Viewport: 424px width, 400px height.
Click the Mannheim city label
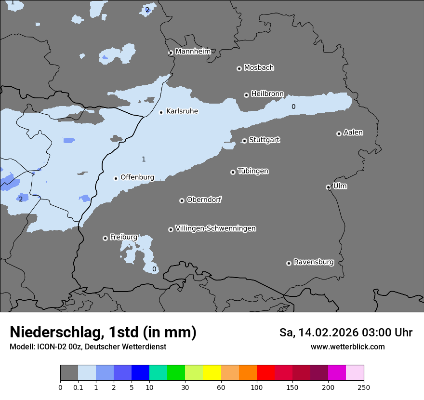point(193,51)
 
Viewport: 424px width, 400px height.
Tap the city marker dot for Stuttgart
point(244,141)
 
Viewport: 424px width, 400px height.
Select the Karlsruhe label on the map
point(182,111)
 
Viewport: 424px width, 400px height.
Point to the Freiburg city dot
point(105,238)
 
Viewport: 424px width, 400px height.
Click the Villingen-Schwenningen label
point(215,228)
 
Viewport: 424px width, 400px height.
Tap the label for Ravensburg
point(313,262)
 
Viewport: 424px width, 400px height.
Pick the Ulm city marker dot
point(328,187)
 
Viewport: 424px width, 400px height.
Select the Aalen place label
point(353,133)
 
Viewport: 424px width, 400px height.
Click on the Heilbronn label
point(267,93)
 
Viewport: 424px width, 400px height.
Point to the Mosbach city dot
point(238,68)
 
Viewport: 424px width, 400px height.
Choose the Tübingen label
point(253,171)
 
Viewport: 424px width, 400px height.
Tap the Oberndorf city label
point(204,200)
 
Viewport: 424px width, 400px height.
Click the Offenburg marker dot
point(116,178)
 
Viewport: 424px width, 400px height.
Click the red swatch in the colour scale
point(265,373)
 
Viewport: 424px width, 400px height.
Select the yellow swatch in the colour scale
point(212,373)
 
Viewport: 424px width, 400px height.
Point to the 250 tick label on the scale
point(364,387)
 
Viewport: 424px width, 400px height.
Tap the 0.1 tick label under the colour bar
point(78,387)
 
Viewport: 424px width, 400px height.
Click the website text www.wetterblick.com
point(347,347)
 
